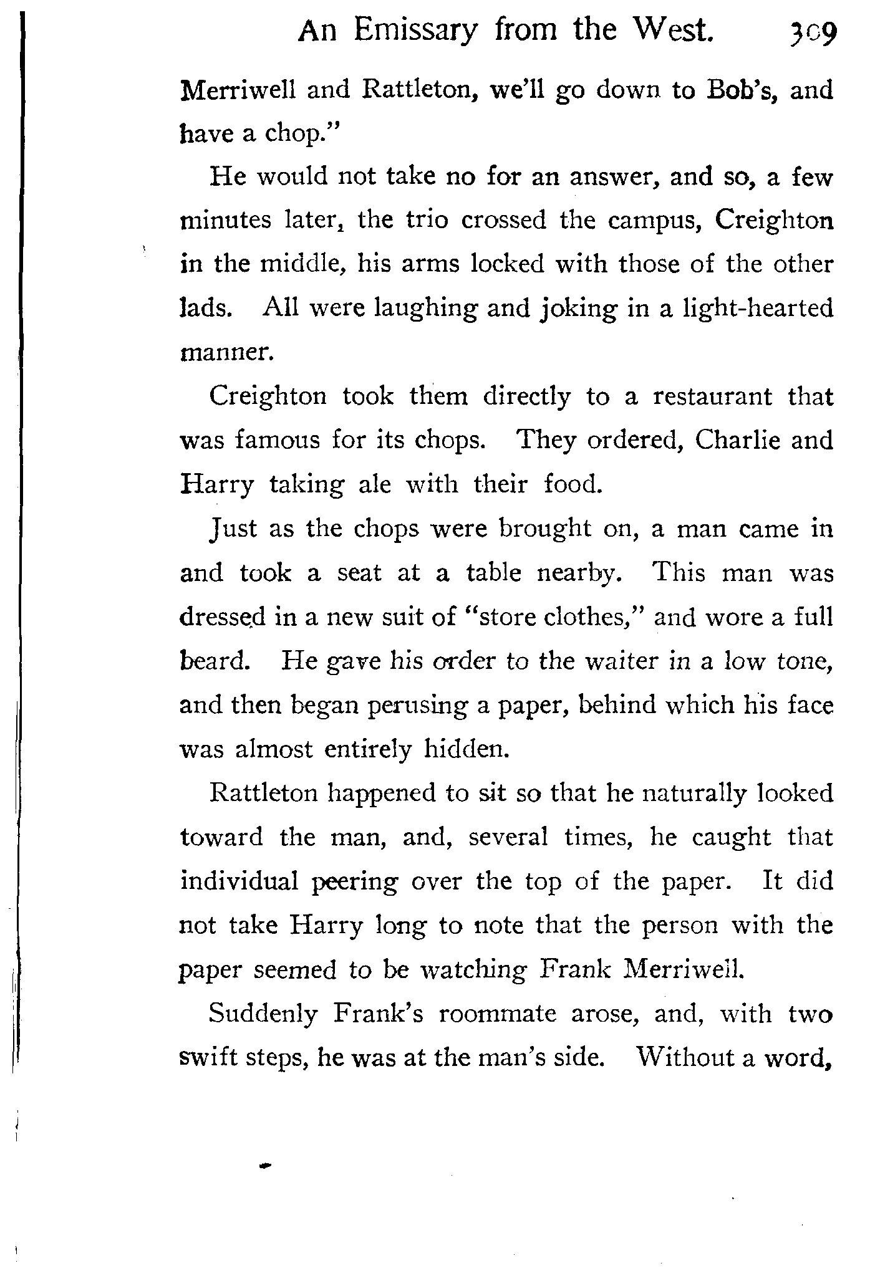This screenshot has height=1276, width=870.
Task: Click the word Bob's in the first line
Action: (742, 90)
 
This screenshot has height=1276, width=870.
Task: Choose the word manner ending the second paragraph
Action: (226, 353)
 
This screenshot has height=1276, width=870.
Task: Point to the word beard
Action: (211, 661)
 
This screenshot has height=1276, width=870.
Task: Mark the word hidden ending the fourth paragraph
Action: (467, 749)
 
